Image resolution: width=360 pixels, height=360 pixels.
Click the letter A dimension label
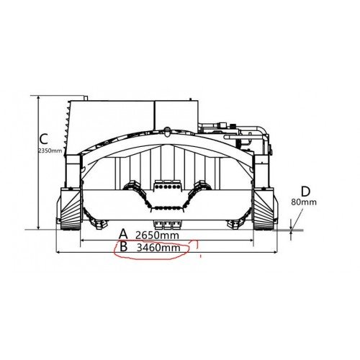123,234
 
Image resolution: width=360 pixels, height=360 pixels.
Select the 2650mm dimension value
157,235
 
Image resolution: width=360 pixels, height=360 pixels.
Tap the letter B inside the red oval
123,246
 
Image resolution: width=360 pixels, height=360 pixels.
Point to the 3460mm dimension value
158,248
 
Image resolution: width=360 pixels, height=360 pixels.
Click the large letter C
44,139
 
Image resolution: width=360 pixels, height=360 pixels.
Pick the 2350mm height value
50,150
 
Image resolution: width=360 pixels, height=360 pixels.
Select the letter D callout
305,192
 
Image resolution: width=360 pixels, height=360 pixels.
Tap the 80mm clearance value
304,202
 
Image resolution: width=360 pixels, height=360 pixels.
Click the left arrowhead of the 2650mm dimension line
82,240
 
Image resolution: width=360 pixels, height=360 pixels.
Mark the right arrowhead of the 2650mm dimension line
252,240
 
